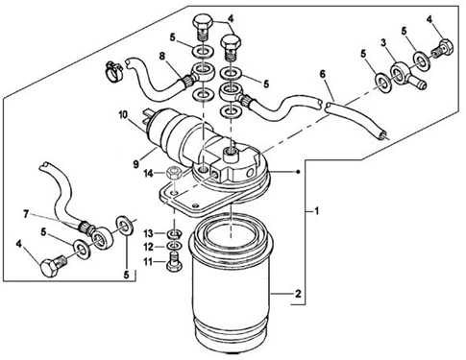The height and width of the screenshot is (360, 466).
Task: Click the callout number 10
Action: (123, 115)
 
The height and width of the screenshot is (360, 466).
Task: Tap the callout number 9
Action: (136, 164)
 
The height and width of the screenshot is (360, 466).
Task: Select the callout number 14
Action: (149, 174)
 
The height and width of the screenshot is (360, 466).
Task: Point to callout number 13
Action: (148, 234)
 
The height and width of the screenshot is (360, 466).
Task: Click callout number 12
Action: (148, 247)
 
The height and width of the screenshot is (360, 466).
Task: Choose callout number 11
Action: (148, 262)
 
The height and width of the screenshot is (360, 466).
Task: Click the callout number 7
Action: (26, 214)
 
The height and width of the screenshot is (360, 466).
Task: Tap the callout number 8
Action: (162, 57)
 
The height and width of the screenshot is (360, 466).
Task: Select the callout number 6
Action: (323, 74)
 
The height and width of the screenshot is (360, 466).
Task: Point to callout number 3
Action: (382, 43)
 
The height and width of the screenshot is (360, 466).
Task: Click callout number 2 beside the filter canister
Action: (298, 294)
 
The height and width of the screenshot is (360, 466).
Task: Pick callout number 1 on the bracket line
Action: (316, 211)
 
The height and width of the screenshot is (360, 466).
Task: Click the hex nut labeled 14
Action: (174, 174)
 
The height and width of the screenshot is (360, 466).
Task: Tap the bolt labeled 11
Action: (174, 263)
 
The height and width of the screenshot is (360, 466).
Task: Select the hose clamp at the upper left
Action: (113, 71)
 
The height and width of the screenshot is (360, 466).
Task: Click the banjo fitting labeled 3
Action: (406, 75)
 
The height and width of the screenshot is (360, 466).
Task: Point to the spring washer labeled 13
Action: (175, 234)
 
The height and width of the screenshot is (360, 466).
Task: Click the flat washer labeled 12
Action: (174, 246)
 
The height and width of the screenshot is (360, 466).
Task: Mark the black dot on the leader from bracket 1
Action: (298, 172)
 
